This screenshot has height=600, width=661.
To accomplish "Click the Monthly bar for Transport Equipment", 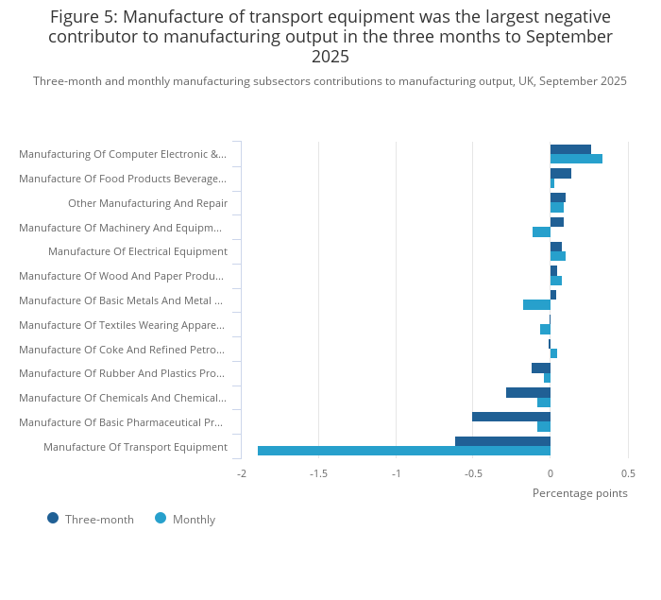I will click(404, 451).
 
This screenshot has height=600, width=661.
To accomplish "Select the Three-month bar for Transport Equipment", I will click(502, 441).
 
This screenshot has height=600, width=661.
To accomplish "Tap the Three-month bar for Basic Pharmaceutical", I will click(511, 417).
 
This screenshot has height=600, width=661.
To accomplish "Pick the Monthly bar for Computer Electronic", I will click(576, 159).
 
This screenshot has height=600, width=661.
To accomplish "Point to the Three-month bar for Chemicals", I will click(528, 392).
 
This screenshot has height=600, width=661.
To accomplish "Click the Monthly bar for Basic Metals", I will click(536, 304).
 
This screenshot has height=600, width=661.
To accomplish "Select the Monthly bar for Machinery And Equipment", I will click(541, 231).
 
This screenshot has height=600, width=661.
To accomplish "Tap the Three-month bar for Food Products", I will click(561, 173).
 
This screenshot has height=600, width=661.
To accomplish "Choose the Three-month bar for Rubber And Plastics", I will click(541, 368).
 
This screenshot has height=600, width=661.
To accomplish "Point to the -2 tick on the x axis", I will click(241, 473).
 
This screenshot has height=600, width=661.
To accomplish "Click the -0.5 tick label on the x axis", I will click(472, 473).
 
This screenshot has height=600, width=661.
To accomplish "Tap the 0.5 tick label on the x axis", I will click(628, 473).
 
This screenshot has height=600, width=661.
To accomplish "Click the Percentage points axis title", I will click(580, 492).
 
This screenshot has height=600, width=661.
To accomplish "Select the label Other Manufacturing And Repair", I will click(147, 203).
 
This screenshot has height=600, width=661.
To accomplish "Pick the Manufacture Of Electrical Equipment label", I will click(138, 251).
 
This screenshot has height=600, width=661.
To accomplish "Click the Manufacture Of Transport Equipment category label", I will click(135, 447).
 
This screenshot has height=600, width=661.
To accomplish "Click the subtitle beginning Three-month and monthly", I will click(330, 81).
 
